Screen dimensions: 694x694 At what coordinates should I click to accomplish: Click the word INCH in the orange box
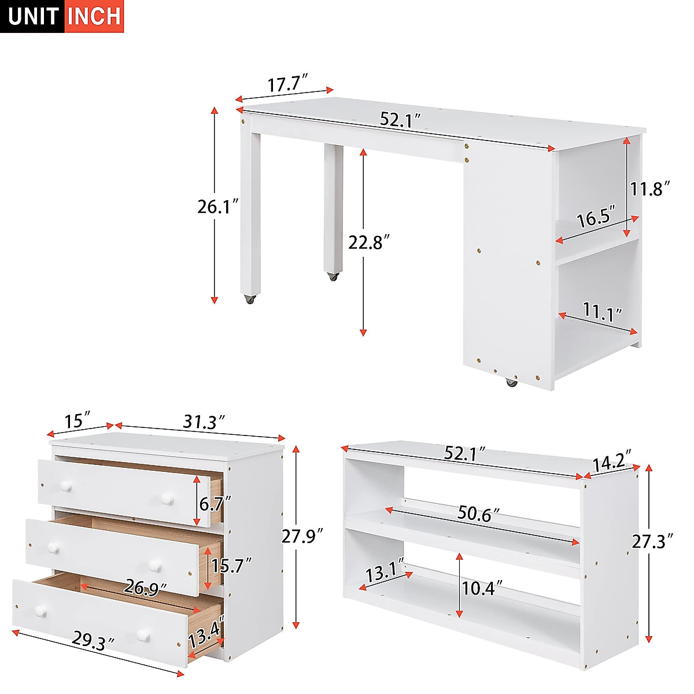pos(94,16)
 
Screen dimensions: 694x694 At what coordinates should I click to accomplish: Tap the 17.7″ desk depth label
pos(287,84)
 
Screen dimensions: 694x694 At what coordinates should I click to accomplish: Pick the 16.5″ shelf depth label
pos(596,218)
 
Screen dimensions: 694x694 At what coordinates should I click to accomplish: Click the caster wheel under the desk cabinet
pos(511,382)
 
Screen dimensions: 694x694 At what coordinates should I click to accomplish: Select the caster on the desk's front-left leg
pos(250,300)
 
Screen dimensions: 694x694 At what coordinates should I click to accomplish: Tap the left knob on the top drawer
pos(67,487)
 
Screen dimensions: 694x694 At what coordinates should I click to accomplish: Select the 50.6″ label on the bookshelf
pos(479,513)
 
